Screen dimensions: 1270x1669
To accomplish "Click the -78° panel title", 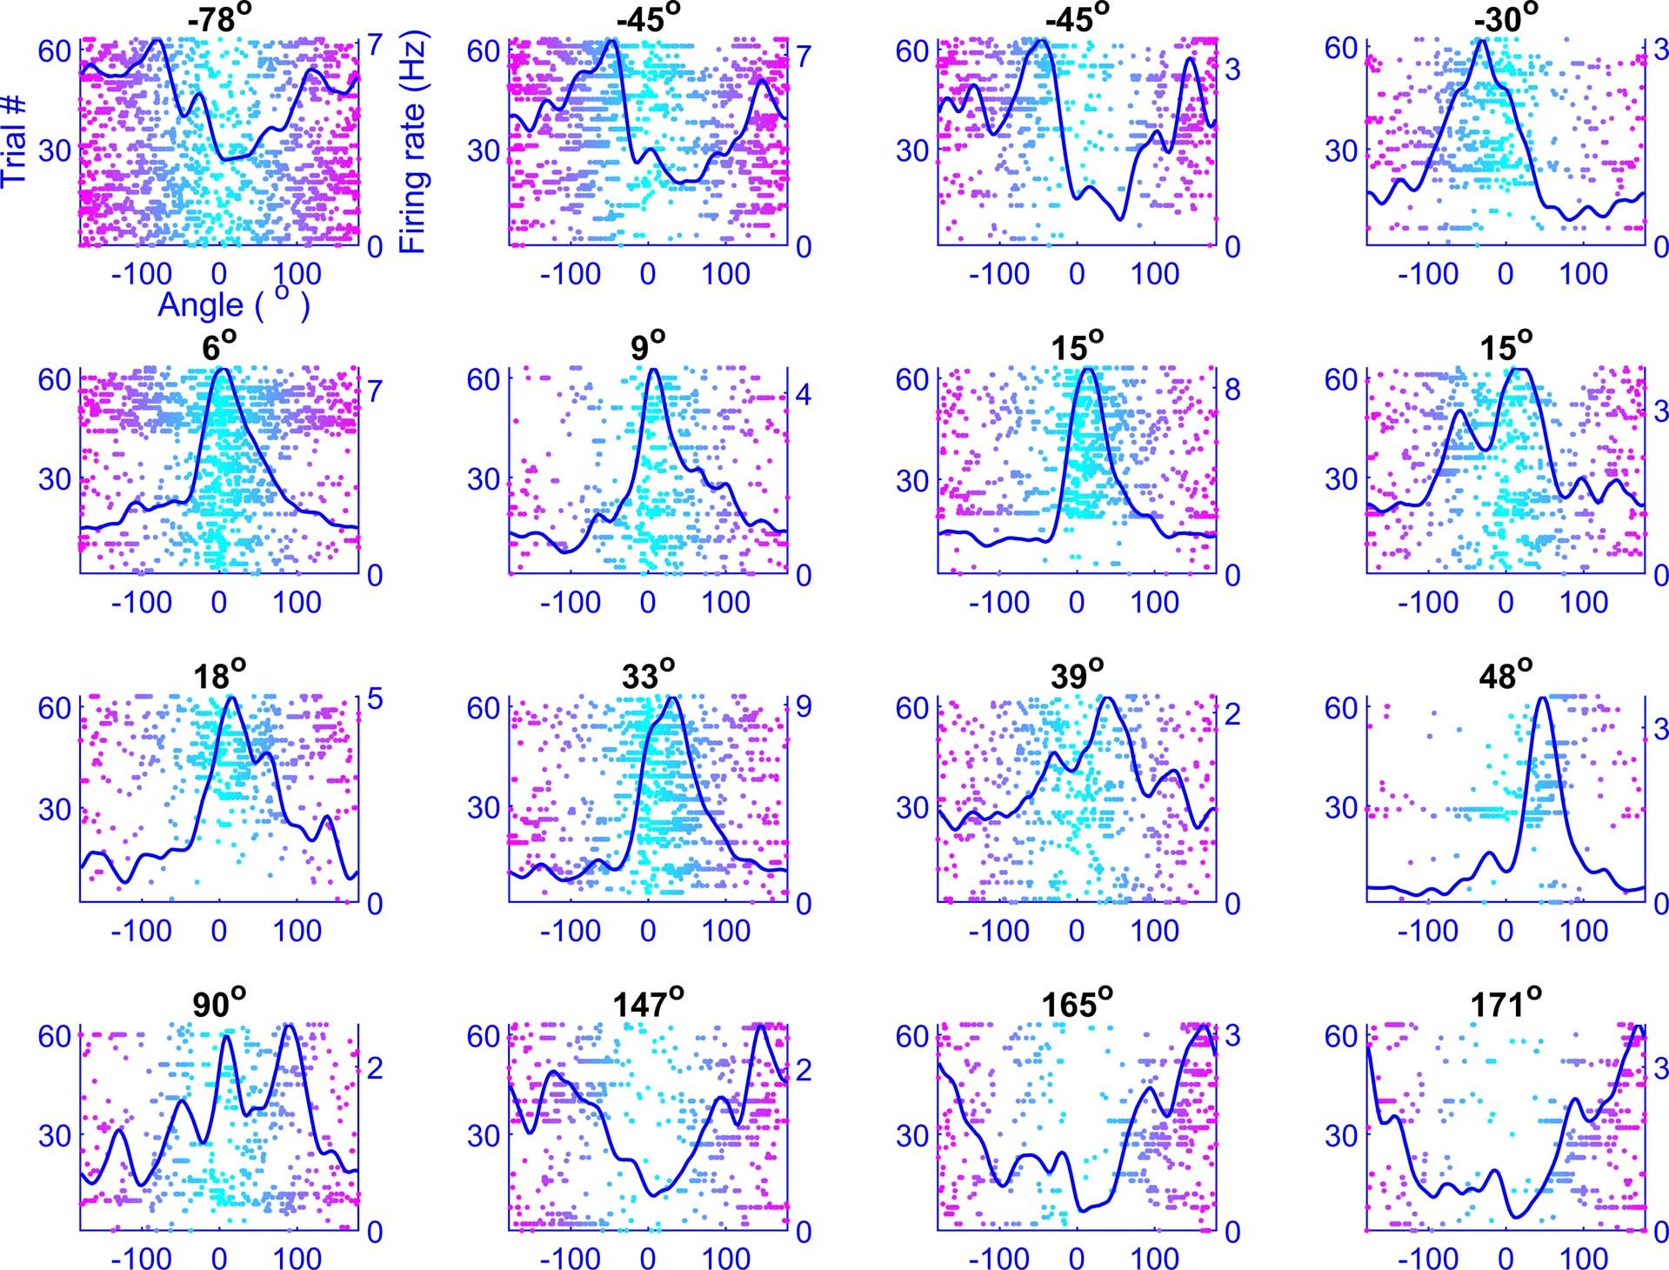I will click(x=217, y=19).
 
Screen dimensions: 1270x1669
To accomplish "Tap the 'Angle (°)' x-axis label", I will click(x=233, y=305).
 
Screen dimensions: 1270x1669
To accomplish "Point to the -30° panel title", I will click(x=1505, y=19).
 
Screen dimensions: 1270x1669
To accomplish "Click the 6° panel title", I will click(x=218, y=347).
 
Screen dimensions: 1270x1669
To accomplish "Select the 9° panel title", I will click(x=647, y=347).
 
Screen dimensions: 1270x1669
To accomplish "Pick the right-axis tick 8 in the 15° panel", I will click(x=1232, y=390).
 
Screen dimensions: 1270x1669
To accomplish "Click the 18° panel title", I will click(x=218, y=675).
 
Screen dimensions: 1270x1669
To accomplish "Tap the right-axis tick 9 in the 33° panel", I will click(x=804, y=706).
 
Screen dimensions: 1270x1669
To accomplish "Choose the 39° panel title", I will click(x=1077, y=675).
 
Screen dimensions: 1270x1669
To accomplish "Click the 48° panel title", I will click(x=1505, y=675).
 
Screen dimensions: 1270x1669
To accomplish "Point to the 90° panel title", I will click(x=218, y=1004).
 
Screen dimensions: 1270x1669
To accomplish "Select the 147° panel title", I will click(x=647, y=1004).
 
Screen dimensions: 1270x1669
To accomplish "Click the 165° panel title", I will click(x=1077, y=1004).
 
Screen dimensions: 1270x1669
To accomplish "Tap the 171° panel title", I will click(x=1505, y=1004).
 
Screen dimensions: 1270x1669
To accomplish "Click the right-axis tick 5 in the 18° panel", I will click(x=375, y=699).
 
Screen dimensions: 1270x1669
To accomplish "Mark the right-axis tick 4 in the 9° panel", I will click(x=804, y=396).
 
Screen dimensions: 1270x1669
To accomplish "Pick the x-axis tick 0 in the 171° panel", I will click(x=1505, y=1258).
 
